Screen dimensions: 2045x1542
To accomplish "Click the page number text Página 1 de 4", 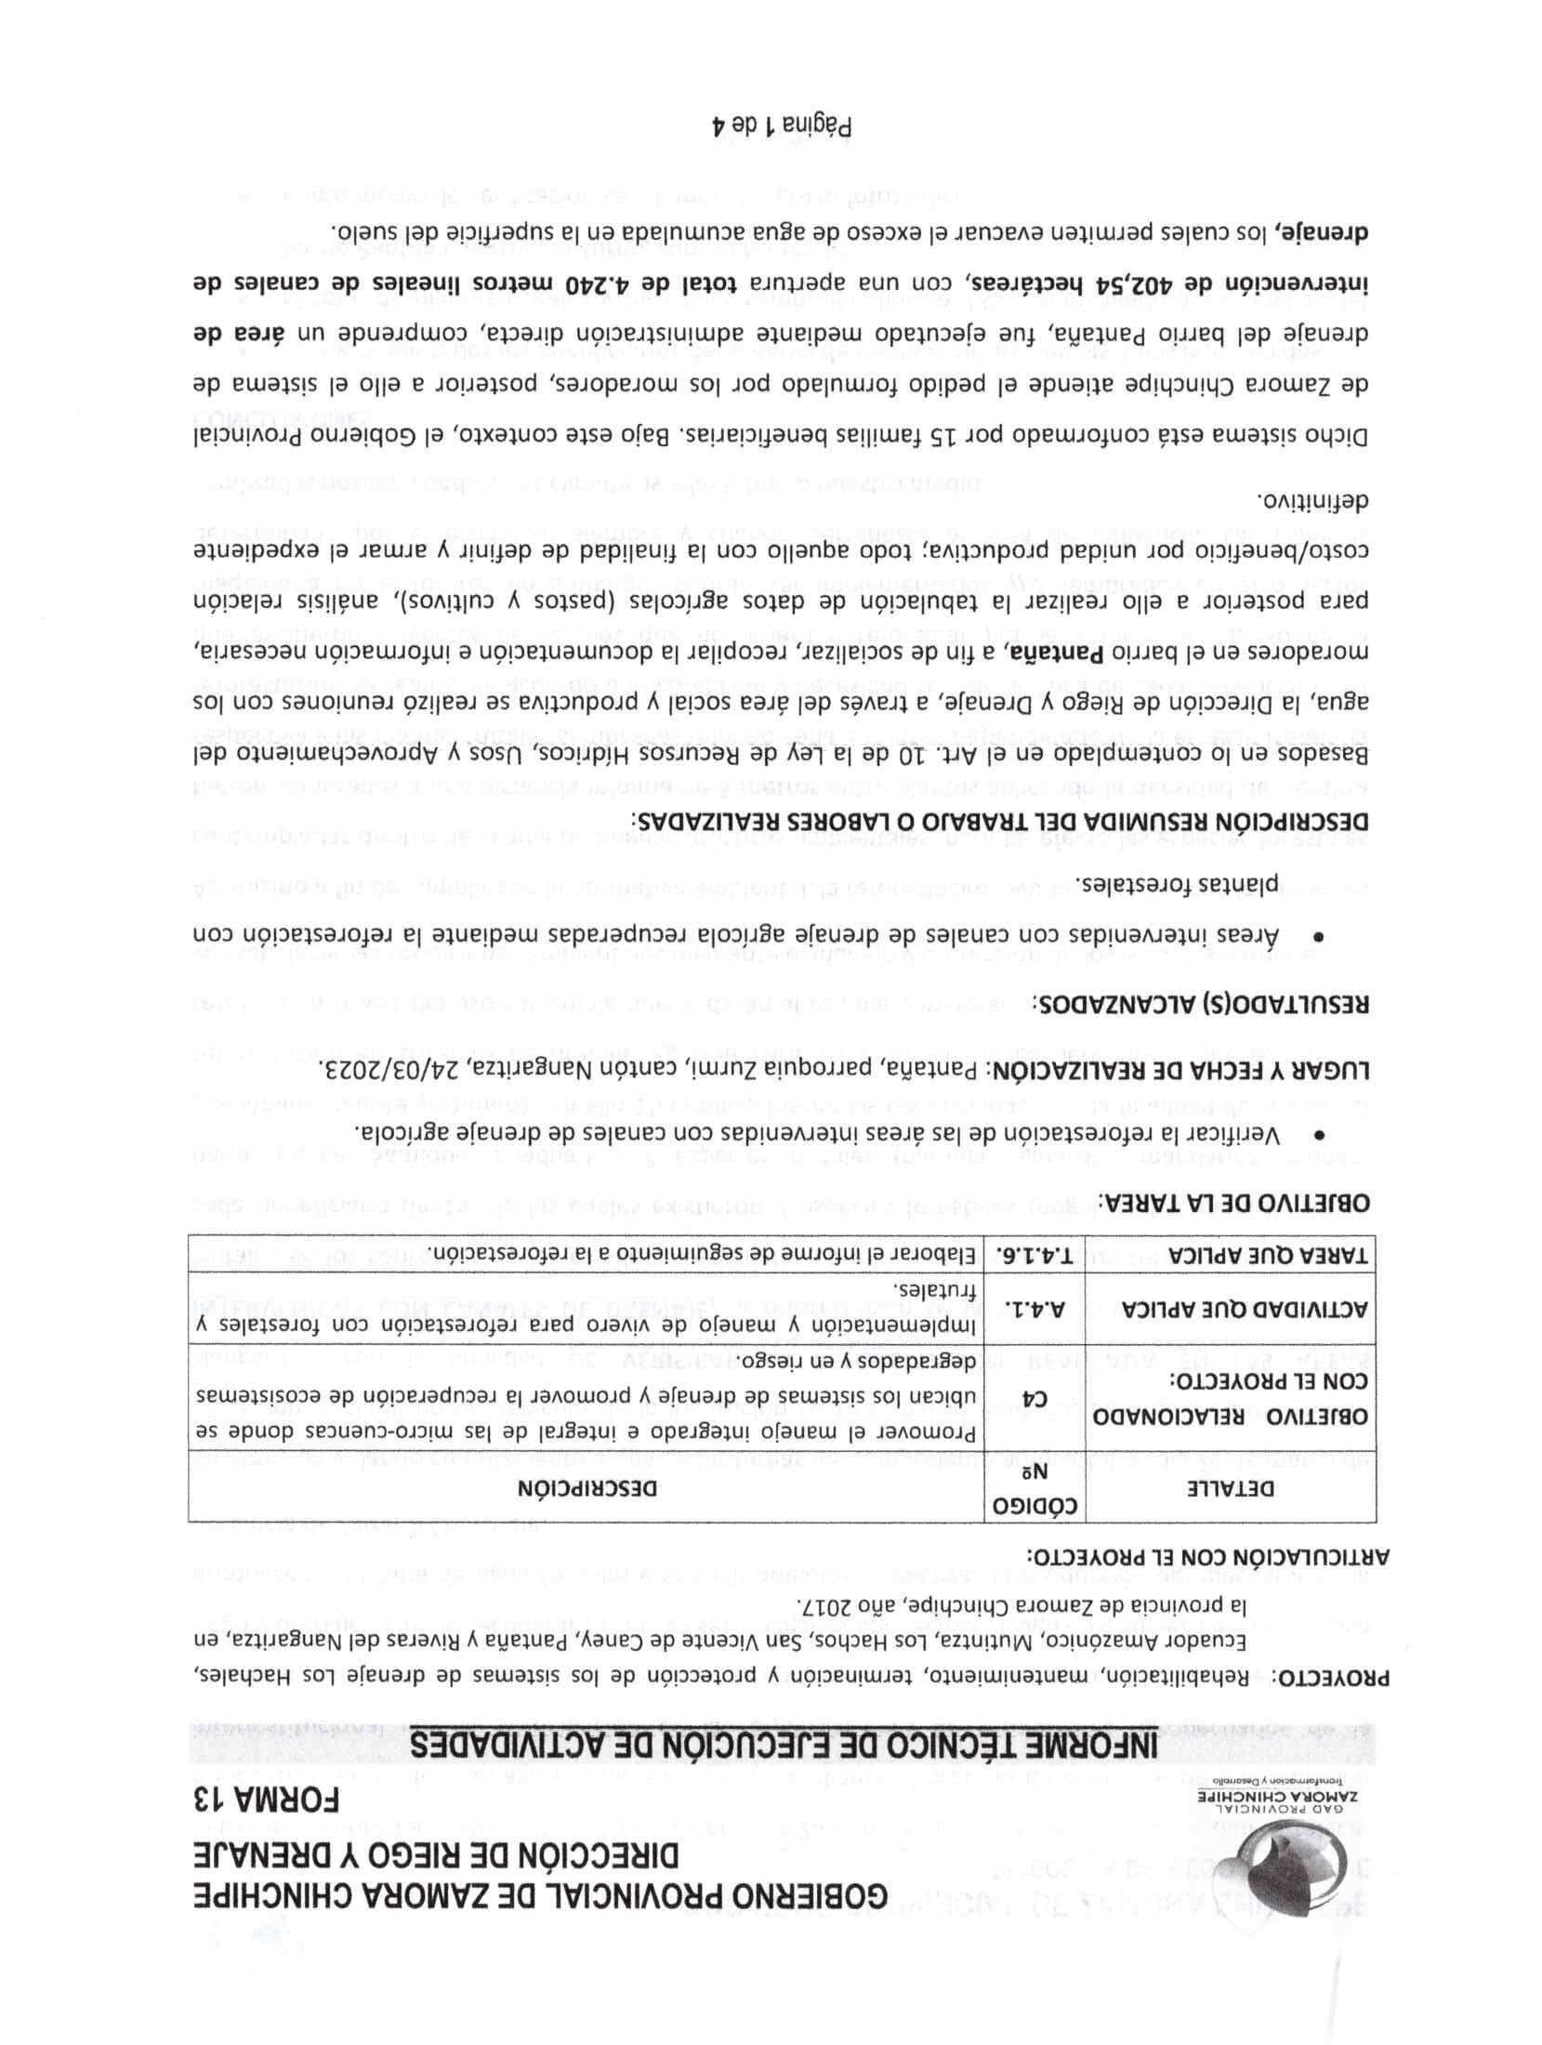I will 782,125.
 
